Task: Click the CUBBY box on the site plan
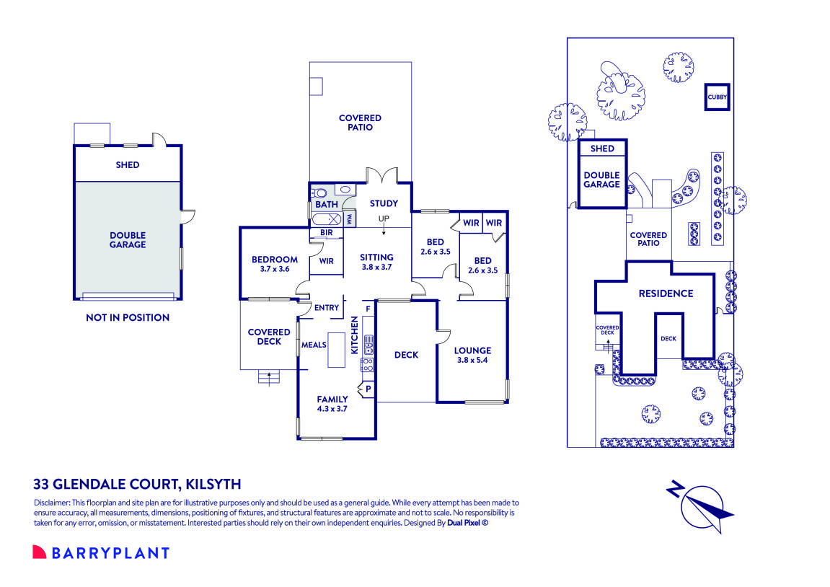718,97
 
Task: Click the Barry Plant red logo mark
39,552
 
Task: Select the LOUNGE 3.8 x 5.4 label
472,356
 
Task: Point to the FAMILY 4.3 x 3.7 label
332,404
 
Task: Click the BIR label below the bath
326,233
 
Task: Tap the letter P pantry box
368,389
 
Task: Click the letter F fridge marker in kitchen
368,309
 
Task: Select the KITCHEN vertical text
354,335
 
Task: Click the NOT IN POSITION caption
128,317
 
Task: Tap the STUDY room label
384,204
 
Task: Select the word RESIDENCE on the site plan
666,293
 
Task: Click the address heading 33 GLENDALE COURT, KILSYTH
137,484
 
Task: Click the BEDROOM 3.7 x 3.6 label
275,264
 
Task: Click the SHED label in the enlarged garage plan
128,165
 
